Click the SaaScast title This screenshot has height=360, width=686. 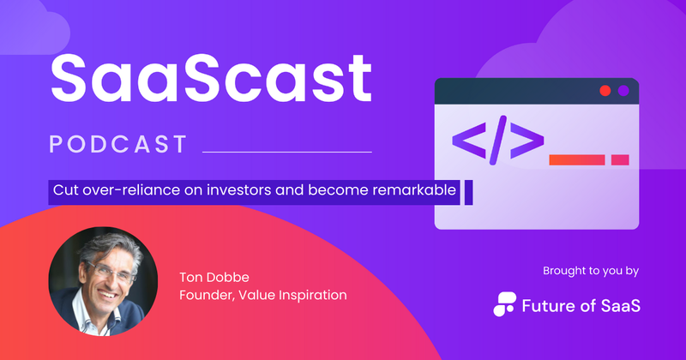point(211,77)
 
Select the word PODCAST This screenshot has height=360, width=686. point(117,144)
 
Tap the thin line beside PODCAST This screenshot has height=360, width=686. point(286,152)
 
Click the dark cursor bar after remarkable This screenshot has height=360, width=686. point(468,192)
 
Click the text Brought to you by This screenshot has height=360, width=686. point(591,272)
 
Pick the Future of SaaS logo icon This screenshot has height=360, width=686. point(507,303)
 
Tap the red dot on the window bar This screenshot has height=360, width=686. point(605,90)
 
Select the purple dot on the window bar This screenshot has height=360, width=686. point(623,90)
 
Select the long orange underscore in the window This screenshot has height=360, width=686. point(576,159)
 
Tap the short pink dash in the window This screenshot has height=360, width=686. point(619,159)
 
